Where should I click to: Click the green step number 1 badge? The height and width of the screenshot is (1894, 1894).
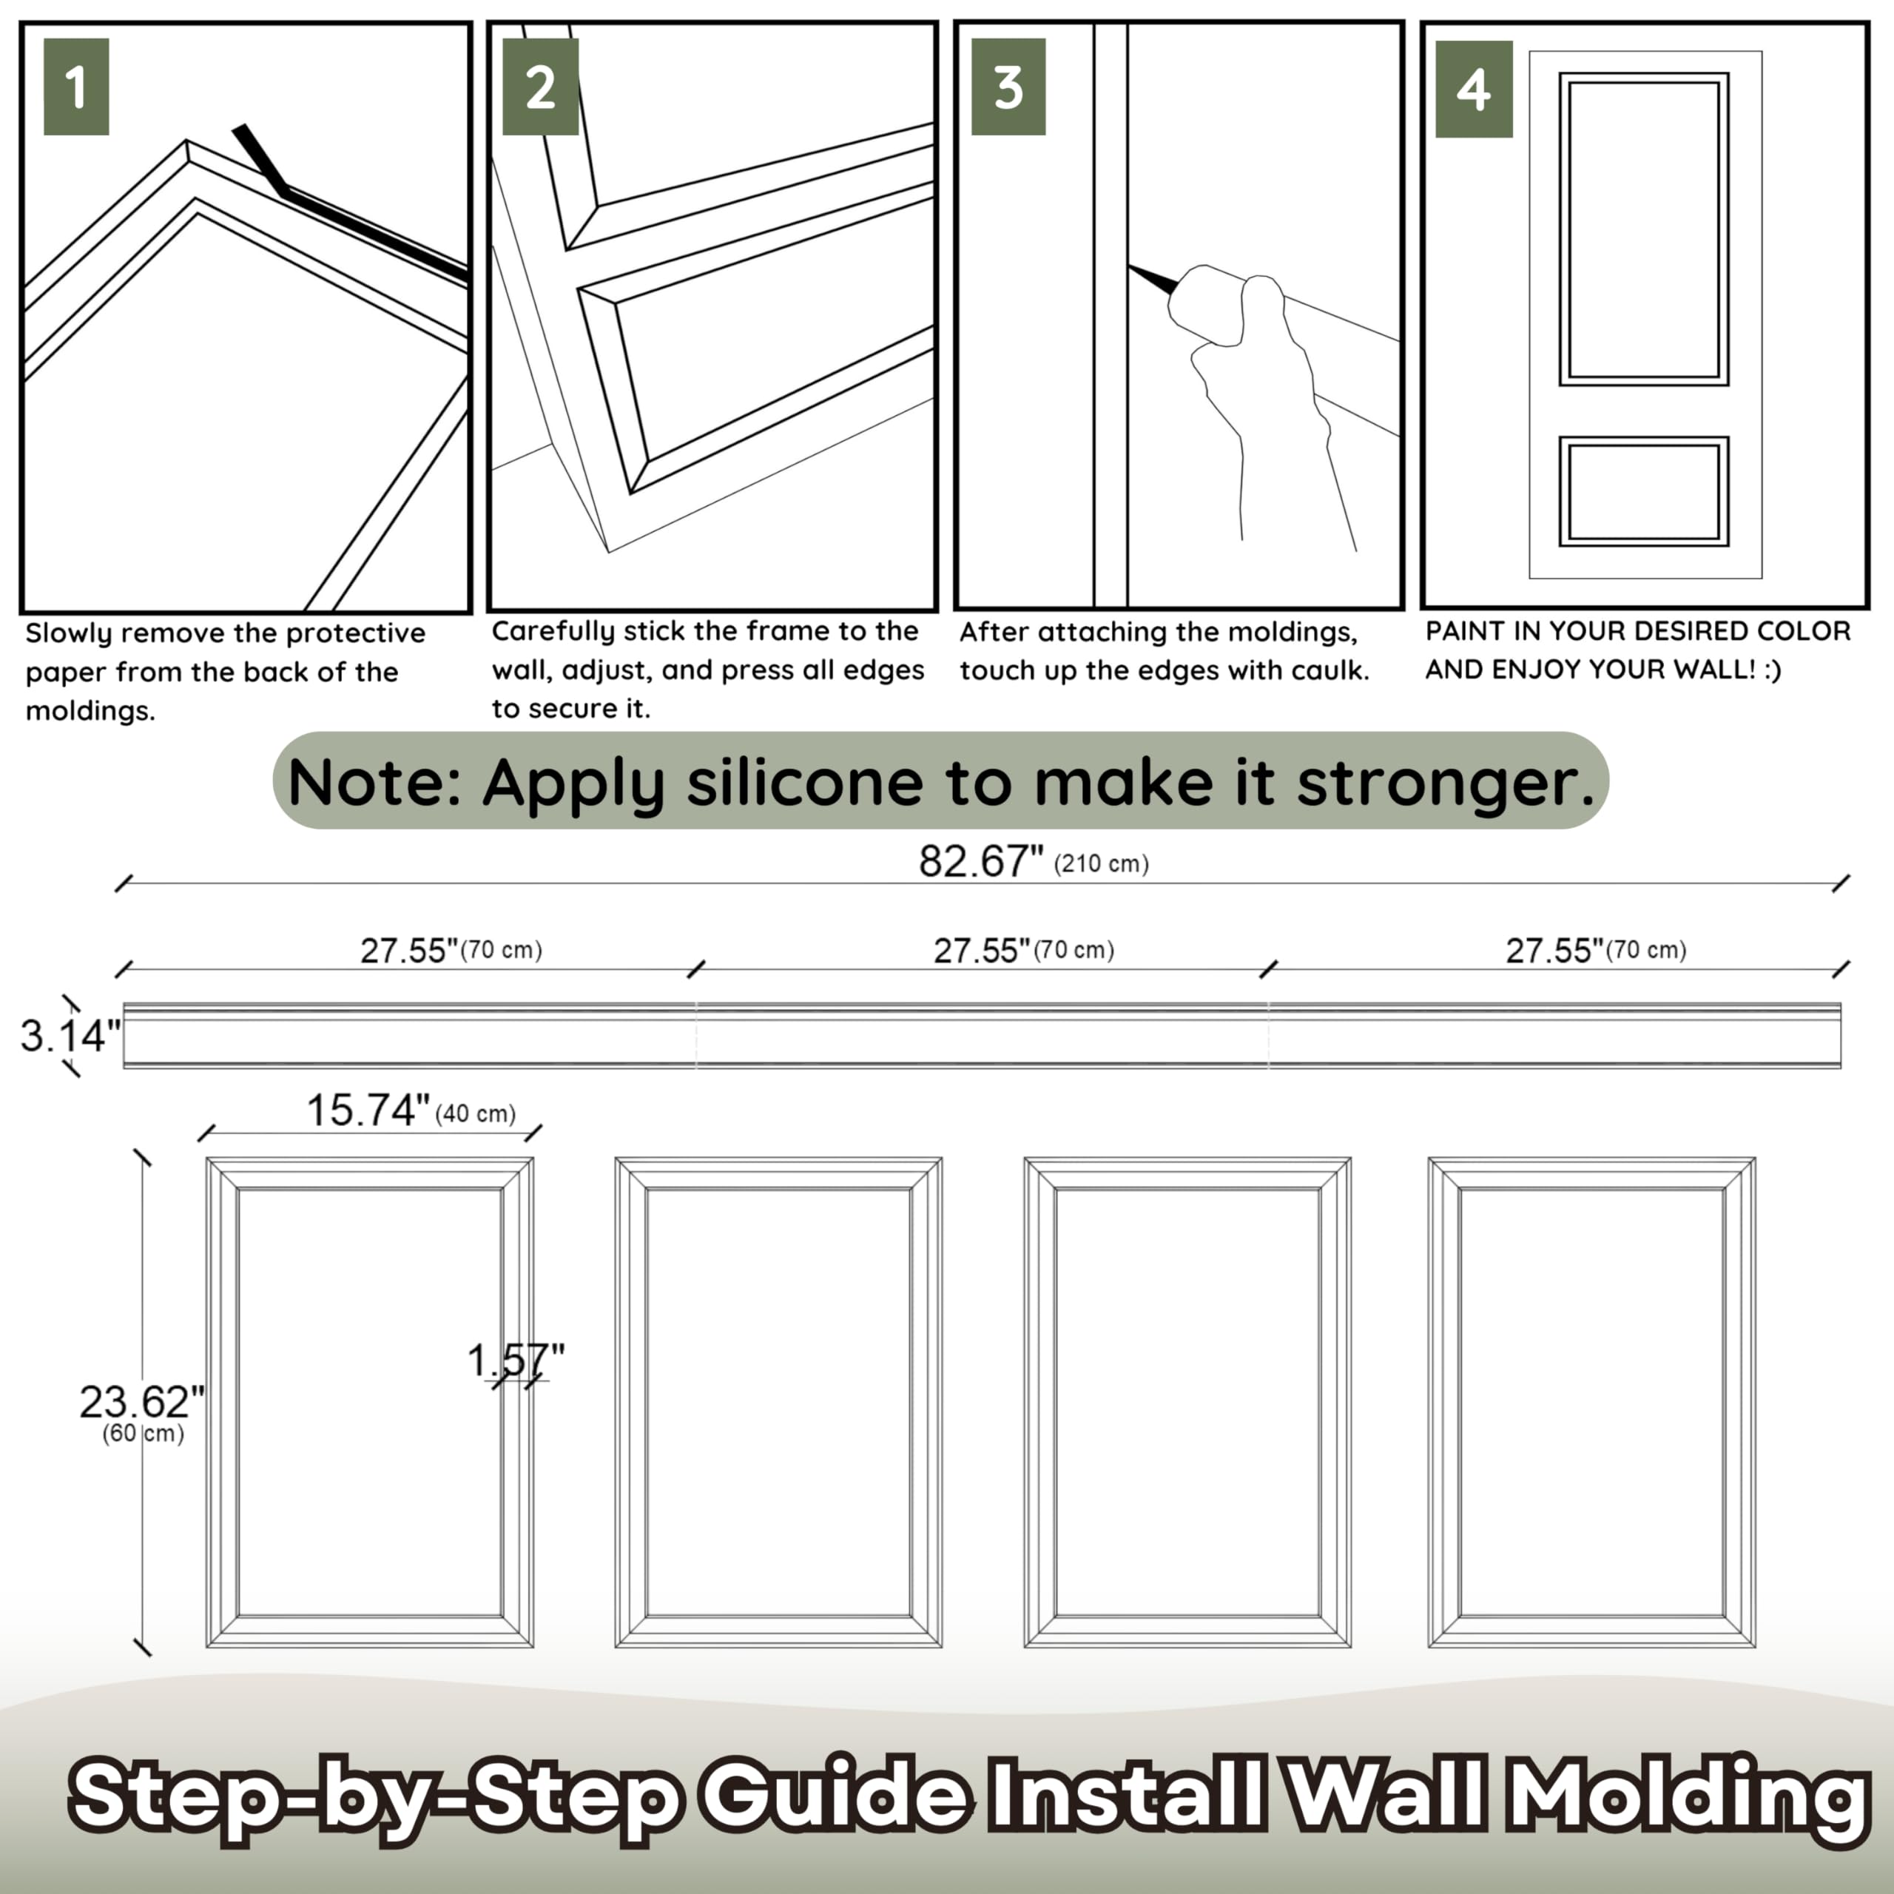tap(75, 87)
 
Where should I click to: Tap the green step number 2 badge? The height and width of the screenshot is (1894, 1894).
tap(540, 87)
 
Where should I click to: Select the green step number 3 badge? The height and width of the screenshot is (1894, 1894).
tap(1008, 87)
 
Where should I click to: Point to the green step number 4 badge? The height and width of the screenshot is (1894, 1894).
tap(1474, 90)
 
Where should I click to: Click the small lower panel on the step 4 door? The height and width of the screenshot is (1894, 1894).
tap(1643, 491)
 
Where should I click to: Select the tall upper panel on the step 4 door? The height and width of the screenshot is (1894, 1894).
tap(1643, 229)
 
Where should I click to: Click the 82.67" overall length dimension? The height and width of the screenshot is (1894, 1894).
tap(980, 862)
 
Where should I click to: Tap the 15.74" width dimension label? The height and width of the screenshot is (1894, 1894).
tap(368, 1111)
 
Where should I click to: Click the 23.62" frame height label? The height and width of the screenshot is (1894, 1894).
tap(141, 1402)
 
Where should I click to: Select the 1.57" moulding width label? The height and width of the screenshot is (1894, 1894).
tap(516, 1360)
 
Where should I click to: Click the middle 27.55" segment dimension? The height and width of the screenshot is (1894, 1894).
tap(981, 950)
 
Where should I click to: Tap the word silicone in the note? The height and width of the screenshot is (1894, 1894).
tap(804, 782)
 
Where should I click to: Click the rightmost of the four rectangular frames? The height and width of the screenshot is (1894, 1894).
tap(1591, 1402)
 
